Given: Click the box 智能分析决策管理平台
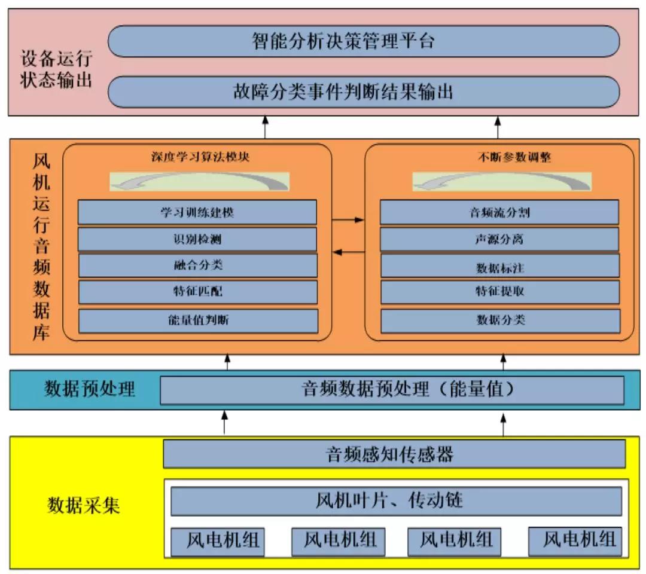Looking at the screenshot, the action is (364, 41).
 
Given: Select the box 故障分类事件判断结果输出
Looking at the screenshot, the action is (364, 92).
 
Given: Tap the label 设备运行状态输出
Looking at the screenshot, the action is (56, 69).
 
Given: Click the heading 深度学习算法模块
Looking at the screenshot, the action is (200, 157).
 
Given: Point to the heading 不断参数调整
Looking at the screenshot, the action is (514, 157).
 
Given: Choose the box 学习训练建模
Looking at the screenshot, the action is (197, 212).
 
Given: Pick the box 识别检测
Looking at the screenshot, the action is (197, 239).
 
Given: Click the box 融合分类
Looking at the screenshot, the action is (198, 265).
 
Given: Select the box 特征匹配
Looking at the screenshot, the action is (198, 292).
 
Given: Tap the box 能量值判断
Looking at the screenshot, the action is (198, 320).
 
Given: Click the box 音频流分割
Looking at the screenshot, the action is (499, 212).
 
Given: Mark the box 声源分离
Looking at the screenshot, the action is (499, 239).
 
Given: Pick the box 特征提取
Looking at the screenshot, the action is (500, 292).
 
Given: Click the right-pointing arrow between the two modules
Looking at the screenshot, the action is (348, 220).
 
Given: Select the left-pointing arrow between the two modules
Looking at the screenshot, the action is (348, 252).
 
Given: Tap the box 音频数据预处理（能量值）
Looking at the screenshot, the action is (392, 390).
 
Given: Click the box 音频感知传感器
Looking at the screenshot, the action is (395, 454).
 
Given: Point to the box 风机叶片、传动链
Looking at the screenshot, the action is (397, 501).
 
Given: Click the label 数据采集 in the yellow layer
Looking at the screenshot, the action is (84, 505).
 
